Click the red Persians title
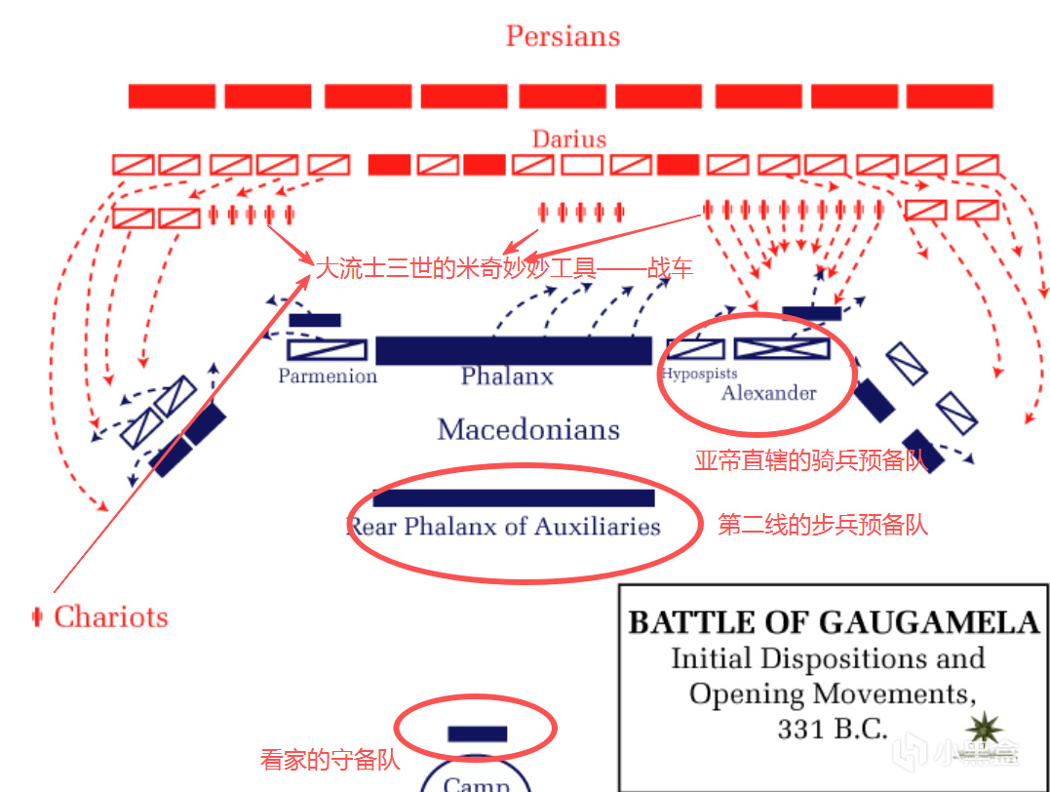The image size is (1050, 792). pos(563,37)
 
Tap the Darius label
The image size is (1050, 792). pos(568,139)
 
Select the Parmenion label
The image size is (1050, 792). pos(328,376)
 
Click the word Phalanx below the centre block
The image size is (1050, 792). pos(507,376)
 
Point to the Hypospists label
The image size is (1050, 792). pos(699,374)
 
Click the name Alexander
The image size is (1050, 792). pos(768,393)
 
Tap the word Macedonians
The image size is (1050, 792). pos(528,429)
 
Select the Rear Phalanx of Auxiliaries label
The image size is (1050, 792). pos(505,527)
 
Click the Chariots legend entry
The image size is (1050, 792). pos(110,616)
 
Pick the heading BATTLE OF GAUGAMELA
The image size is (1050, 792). pos(834,622)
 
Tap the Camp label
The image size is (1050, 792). pos(476,783)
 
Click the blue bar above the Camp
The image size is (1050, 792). pos(477,733)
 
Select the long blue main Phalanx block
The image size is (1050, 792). pos(513,350)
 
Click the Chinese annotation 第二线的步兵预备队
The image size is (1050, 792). pos(822,525)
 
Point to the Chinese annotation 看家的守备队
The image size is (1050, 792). pos(330,760)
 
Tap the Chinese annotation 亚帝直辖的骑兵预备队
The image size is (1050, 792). pos(810,461)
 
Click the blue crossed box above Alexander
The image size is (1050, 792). pos(781,348)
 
